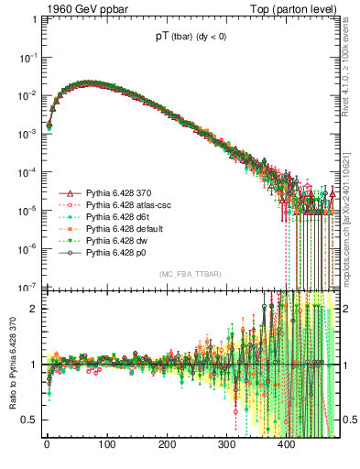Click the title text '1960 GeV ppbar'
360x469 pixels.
76,9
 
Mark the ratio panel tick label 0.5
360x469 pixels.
30,420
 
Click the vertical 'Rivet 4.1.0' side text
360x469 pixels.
352,73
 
